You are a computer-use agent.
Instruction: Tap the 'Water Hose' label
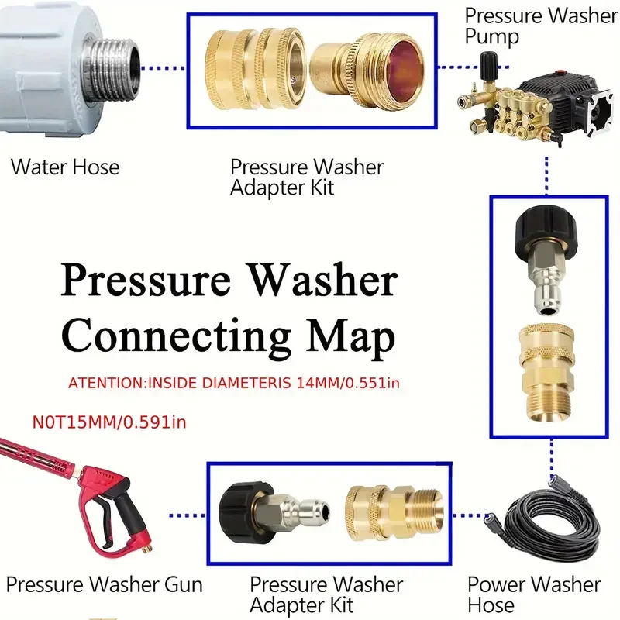(65, 167)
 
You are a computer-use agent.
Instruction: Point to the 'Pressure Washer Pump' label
(541, 26)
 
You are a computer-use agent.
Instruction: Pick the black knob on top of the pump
(489, 60)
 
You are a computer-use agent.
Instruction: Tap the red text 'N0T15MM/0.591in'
(109, 422)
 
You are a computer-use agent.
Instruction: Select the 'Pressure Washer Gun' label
(104, 584)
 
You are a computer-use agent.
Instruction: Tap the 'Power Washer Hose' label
(534, 594)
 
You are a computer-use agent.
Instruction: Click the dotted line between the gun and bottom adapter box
(187, 514)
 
